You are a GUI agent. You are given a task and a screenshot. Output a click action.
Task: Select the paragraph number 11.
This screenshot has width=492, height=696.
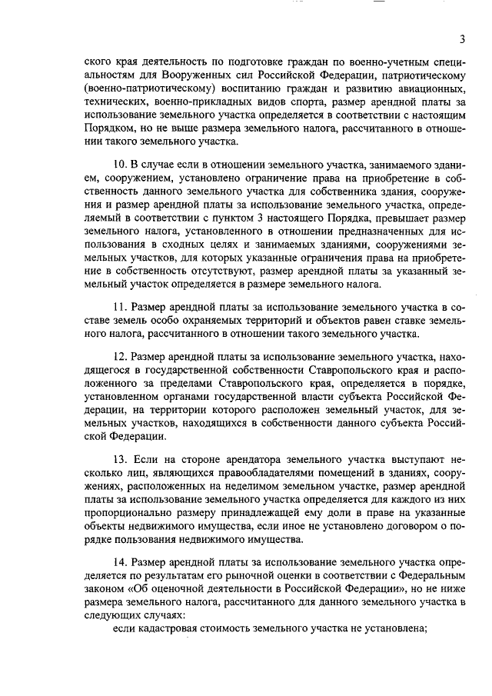pos(119,306)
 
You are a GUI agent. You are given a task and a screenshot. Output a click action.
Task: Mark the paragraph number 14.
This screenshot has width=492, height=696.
pos(119,559)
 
